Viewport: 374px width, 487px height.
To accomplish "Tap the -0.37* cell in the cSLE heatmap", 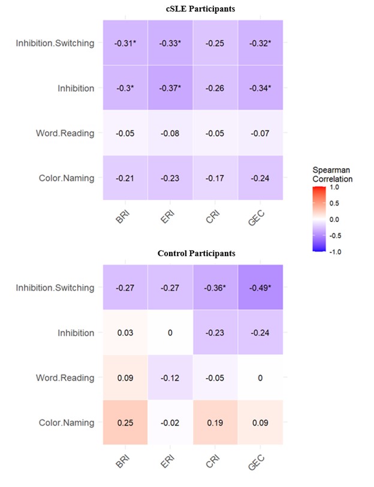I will click(170, 88).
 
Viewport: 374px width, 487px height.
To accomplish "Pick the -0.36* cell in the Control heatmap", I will click(215, 288).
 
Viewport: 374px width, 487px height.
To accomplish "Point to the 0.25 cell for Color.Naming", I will click(125, 422).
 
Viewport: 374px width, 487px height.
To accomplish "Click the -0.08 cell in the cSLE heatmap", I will click(170, 133).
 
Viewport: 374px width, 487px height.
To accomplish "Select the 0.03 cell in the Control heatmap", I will click(125, 333).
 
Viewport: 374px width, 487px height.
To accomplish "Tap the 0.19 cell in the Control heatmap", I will click(215, 422).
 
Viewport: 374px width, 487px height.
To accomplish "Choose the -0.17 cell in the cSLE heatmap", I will click(215, 178).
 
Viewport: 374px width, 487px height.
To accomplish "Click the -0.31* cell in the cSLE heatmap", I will click(125, 43).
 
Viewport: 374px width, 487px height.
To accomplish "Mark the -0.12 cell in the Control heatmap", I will click(170, 378).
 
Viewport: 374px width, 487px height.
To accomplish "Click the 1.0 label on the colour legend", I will click(335, 187).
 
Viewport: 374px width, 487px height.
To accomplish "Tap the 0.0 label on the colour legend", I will click(335, 220).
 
